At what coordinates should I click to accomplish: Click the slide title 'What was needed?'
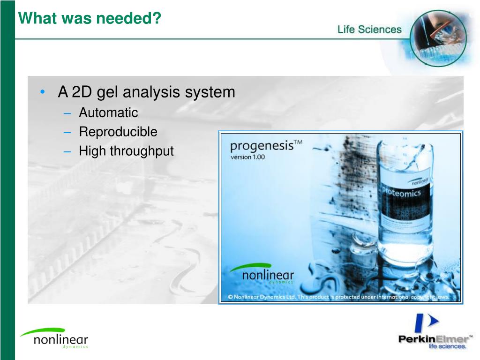89,19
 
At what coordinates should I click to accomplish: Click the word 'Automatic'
108,113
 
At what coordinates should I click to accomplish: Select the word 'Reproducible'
118,132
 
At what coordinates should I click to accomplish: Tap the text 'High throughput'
126,151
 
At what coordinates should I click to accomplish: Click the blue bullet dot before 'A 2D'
43,92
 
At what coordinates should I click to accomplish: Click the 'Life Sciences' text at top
369,30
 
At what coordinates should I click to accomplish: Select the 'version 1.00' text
247,157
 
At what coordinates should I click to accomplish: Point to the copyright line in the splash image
338,297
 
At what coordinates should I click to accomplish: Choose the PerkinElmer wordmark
433,339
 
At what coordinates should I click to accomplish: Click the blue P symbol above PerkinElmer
425,324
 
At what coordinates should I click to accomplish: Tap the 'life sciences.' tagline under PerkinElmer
448,347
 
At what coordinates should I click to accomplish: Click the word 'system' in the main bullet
210,92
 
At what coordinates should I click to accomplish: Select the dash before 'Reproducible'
68,133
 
